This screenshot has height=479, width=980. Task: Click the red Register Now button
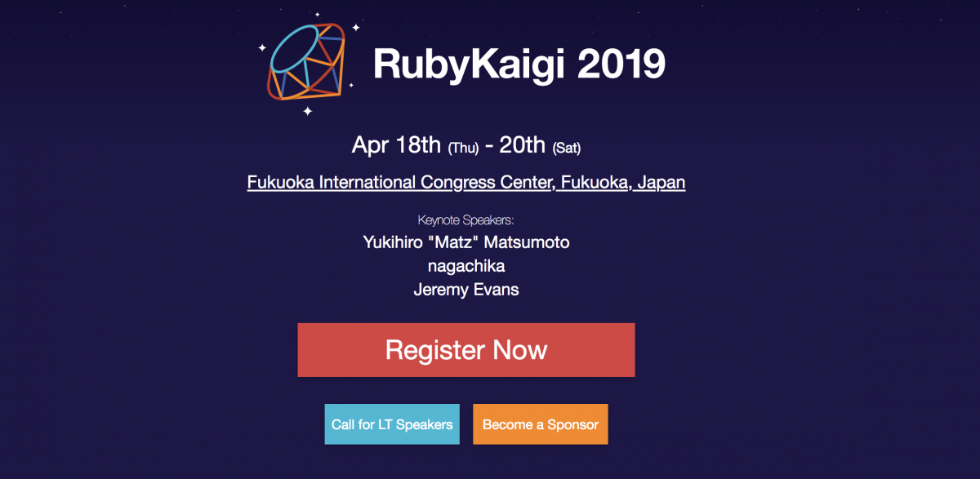[465, 350]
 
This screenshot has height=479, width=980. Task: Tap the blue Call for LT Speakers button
[392, 424]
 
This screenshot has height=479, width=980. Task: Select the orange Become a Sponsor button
[541, 424]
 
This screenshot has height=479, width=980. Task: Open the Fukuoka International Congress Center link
[465, 182]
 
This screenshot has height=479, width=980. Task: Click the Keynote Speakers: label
[465, 220]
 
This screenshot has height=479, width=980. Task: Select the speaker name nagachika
[466, 266]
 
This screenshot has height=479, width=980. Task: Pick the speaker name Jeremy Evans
[466, 290]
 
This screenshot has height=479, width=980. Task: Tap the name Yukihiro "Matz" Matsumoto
[466, 242]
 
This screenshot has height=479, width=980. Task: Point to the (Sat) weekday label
[566, 149]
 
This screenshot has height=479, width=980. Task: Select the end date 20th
[522, 145]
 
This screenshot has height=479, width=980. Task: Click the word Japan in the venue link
[661, 182]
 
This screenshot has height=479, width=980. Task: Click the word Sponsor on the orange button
[572, 424]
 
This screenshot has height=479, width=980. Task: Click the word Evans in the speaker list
[498, 290]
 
